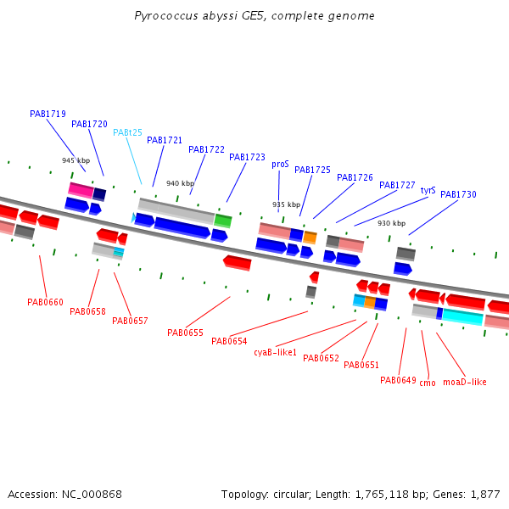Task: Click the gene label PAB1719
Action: point(48,114)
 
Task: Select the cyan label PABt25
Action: point(127,132)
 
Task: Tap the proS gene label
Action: point(280,165)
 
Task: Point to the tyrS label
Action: point(428,190)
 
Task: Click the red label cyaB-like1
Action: point(275,352)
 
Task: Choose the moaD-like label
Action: point(465,382)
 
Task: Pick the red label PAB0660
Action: point(45,302)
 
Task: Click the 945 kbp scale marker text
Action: point(76,160)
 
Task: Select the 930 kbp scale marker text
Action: point(391,223)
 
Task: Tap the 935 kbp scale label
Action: point(287,204)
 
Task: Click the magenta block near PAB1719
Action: point(81,190)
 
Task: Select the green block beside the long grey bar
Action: point(223,221)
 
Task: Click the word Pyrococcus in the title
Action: point(166,16)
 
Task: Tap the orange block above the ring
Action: point(310,238)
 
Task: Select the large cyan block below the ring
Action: point(463,316)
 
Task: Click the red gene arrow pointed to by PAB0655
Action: point(238,263)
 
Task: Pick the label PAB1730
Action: point(458,194)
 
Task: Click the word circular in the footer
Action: point(291,495)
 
